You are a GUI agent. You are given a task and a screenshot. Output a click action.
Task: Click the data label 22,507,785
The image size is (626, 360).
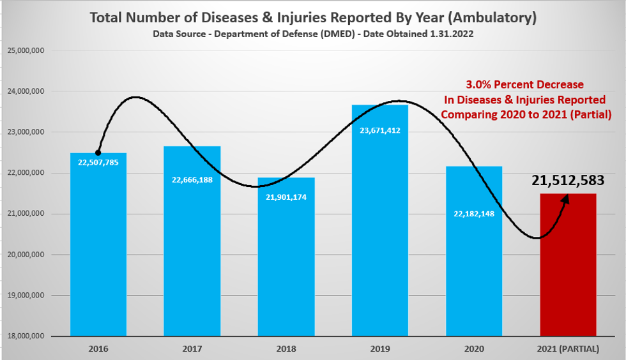coord(98,162)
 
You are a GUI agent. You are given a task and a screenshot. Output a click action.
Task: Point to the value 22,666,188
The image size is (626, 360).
coord(192,180)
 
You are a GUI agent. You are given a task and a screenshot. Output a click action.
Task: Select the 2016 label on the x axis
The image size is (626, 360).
coord(98,349)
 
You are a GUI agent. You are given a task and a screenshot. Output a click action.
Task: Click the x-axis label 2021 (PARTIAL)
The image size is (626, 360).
coord(569,349)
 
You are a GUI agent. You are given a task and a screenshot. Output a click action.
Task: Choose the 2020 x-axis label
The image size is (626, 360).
coord(474,349)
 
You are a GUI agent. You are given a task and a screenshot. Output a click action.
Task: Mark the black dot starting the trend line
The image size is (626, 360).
coord(98,153)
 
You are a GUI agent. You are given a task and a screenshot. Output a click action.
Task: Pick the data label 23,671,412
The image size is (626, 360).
coord(380,130)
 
